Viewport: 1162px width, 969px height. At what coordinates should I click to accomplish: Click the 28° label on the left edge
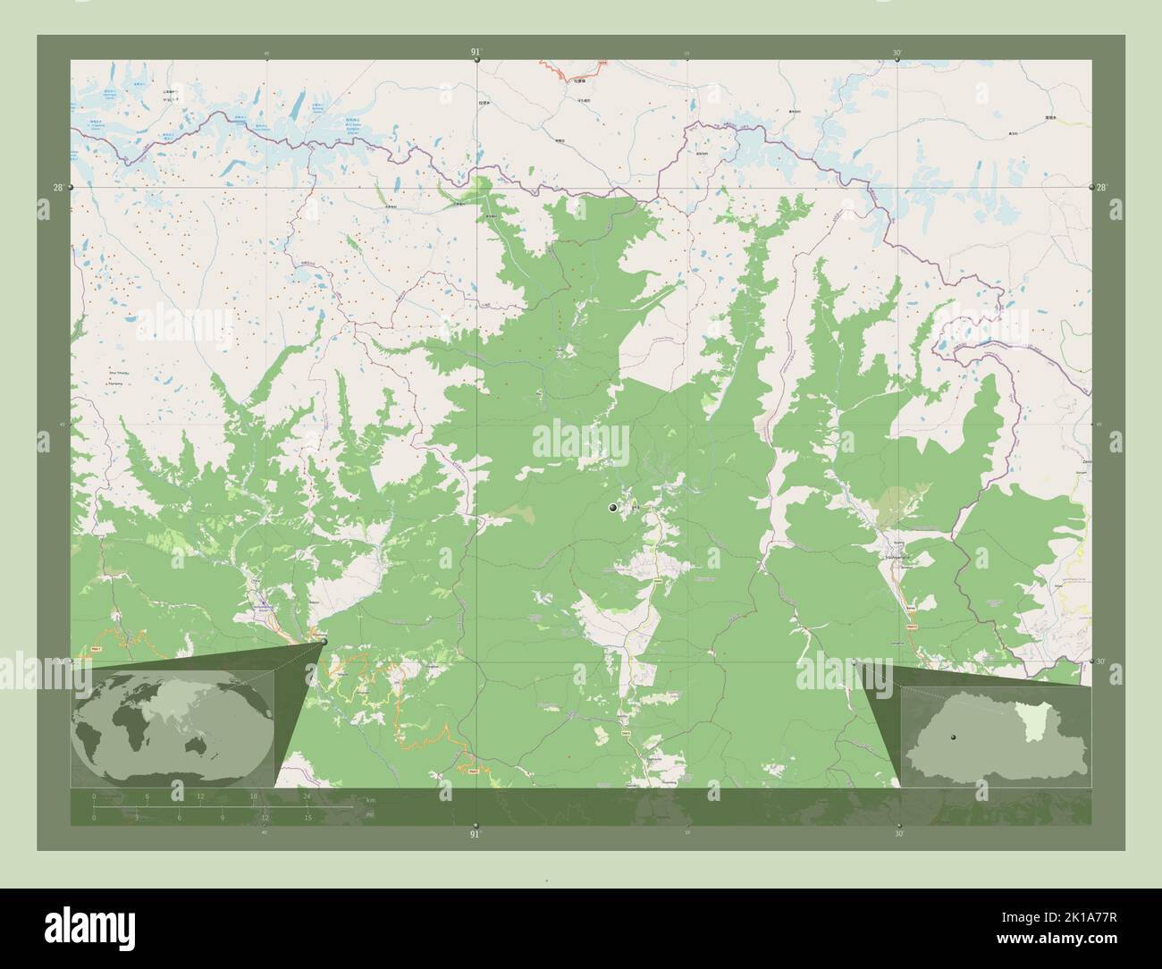coord(57,188)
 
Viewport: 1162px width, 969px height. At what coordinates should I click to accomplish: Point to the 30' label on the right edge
coord(1101,661)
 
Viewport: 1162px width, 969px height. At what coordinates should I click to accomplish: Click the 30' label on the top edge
coord(897,53)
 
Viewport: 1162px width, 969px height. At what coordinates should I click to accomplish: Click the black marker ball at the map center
coord(612,508)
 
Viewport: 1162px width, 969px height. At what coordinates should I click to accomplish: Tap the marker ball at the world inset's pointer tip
coord(323,641)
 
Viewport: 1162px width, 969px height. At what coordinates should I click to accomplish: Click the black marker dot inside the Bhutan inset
coord(954,737)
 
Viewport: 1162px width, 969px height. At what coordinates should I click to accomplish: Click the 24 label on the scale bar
coord(307,796)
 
